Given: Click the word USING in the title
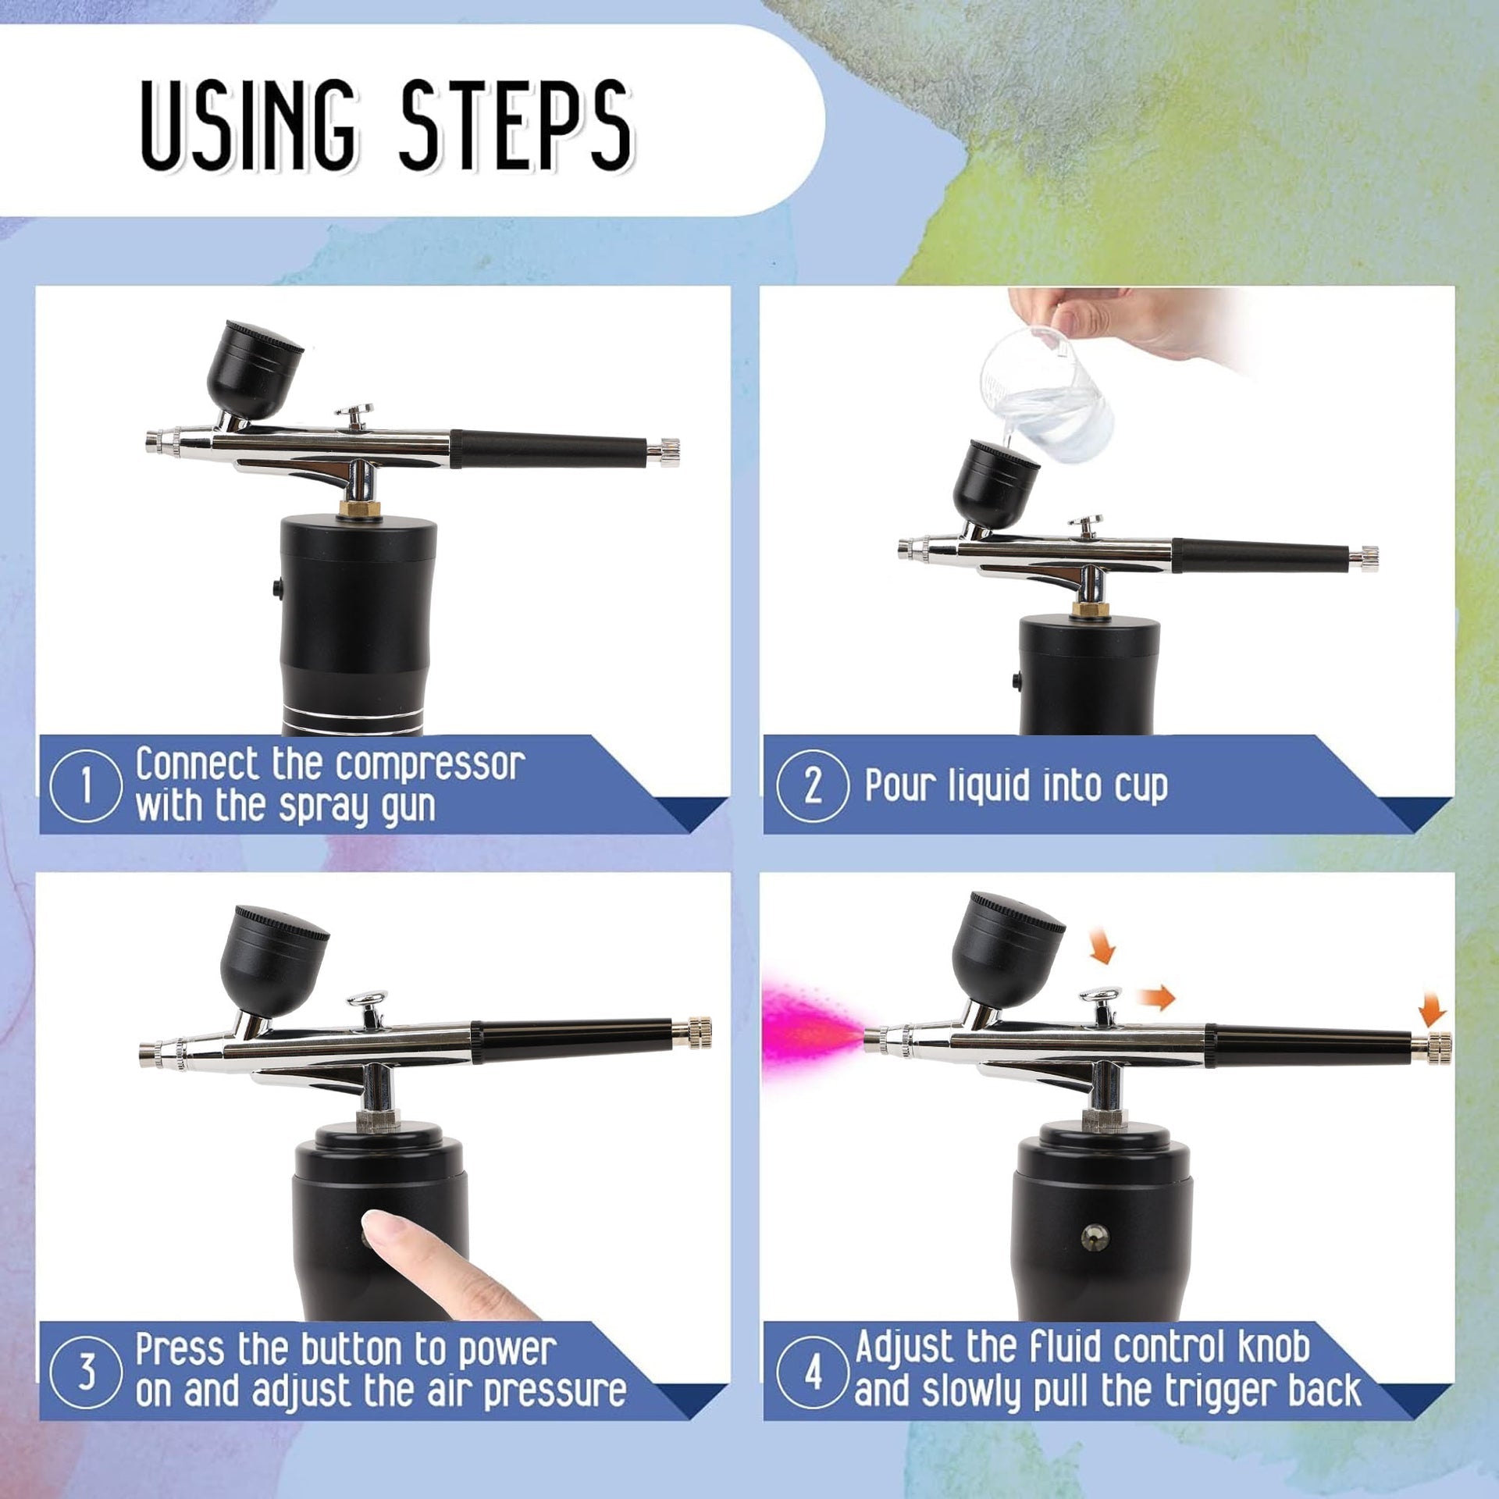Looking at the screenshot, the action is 249,125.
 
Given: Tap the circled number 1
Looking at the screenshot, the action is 86,785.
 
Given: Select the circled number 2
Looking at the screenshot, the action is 813,785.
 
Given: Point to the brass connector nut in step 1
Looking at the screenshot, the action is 359,507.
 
